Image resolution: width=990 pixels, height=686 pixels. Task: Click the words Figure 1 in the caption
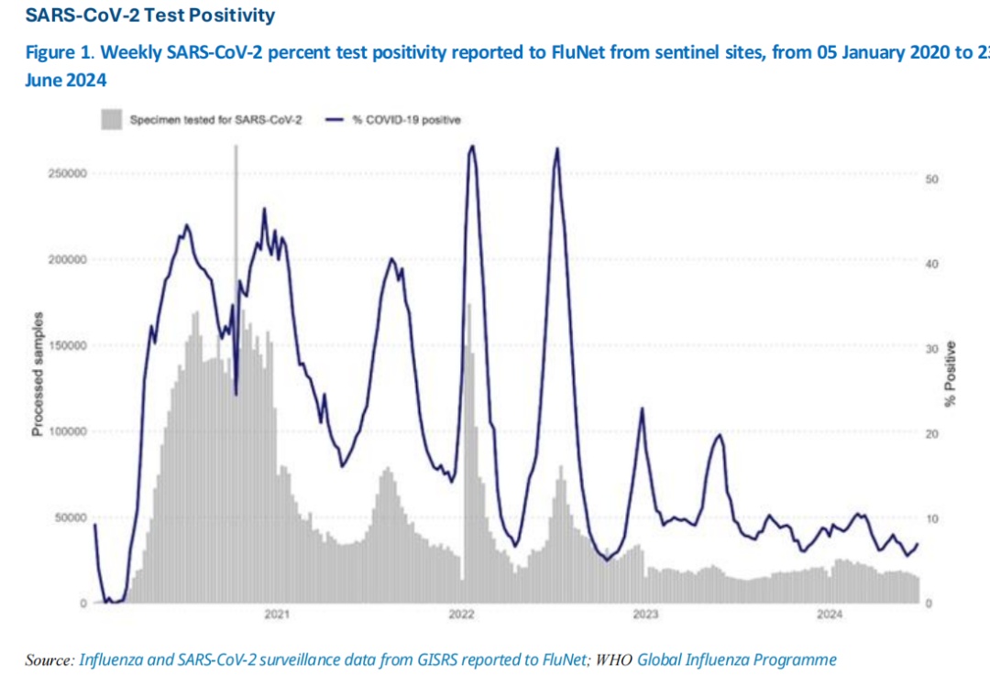pos(53,52)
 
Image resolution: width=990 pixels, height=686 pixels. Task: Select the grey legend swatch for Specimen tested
pos(111,120)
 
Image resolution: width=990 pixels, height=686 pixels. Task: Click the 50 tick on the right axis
pos(931,179)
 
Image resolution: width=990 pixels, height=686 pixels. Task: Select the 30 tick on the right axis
pos(931,349)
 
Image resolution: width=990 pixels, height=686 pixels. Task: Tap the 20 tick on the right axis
pos(931,434)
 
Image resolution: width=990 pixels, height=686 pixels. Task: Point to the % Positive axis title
pos(952,374)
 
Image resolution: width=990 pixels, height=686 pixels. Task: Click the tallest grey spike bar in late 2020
pos(236,275)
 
